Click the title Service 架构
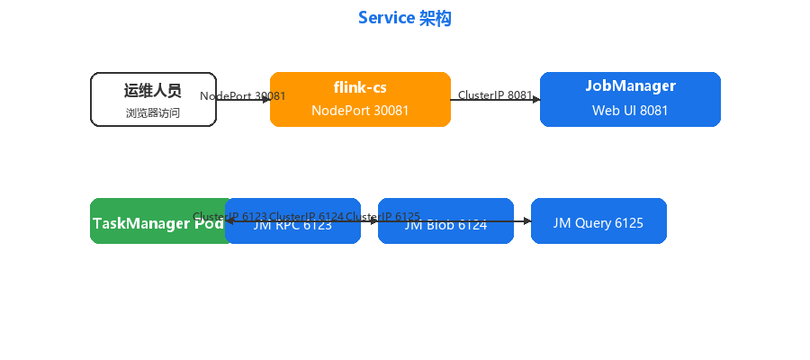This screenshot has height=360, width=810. point(404,18)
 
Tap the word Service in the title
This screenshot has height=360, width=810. point(387,18)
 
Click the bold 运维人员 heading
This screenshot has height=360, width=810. point(153,91)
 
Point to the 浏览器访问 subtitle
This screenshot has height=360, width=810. point(153,113)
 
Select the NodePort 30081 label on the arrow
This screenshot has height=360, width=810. point(242,95)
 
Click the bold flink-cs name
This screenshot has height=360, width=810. point(360,87)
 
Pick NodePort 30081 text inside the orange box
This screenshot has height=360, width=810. point(360,111)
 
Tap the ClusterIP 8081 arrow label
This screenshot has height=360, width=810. point(495,94)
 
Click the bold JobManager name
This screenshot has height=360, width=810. point(630,86)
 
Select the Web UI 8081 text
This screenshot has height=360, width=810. point(630,111)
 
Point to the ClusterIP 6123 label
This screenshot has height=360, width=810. point(229,217)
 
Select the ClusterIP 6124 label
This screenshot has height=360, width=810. point(306,217)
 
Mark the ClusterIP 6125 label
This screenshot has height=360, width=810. point(382,217)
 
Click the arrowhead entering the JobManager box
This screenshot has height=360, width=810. point(536,99)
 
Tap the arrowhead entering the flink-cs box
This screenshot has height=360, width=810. point(266,99)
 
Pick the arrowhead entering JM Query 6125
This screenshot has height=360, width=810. point(527,220)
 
